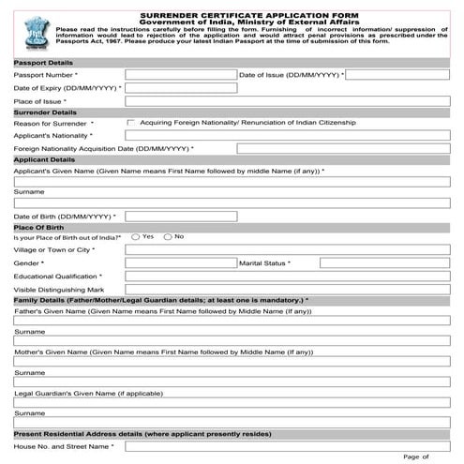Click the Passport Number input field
coord(180,74)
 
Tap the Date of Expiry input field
coord(180,87)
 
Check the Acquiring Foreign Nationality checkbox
coord(130,123)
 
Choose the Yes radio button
coord(136,236)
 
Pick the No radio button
coord(168,236)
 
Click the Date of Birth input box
coord(180,217)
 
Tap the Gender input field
coord(180,263)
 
